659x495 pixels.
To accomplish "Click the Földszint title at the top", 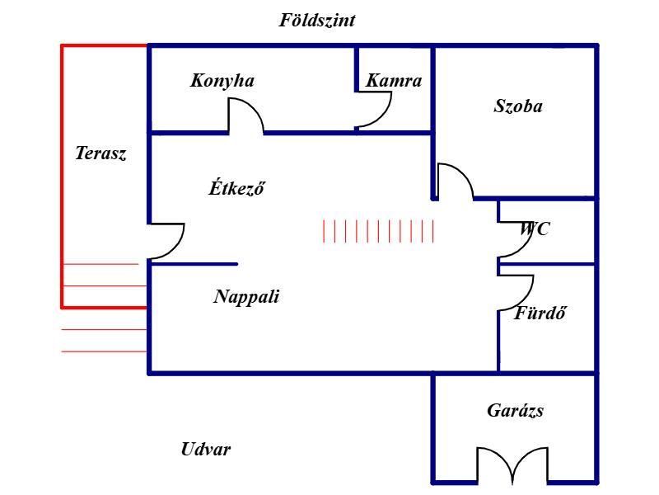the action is pyautogui.click(x=317, y=20).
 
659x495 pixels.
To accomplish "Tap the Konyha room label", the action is pyautogui.click(x=222, y=81).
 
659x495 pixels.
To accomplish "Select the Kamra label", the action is pyautogui.click(x=394, y=80).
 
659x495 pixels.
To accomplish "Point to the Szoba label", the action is pyautogui.click(x=518, y=106).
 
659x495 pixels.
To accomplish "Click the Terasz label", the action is pyautogui.click(x=100, y=153).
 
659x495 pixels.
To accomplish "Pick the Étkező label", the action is pyautogui.click(x=237, y=187).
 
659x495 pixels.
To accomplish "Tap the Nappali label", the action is pyautogui.click(x=246, y=297).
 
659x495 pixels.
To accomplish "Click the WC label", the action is pyautogui.click(x=535, y=229).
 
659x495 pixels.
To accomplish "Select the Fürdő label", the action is pyautogui.click(x=540, y=313).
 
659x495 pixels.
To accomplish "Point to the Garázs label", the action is pyautogui.click(x=516, y=410).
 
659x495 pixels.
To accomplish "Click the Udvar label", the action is pyautogui.click(x=206, y=449).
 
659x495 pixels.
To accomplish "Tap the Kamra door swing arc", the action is pyautogui.click(x=383, y=116).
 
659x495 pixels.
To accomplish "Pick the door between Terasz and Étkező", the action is pyautogui.click(x=176, y=247).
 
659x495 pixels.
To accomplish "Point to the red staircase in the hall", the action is pyautogui.click(x=378, y=231).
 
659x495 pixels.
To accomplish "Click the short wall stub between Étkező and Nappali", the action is pyautogui.click(x=194, y=264).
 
